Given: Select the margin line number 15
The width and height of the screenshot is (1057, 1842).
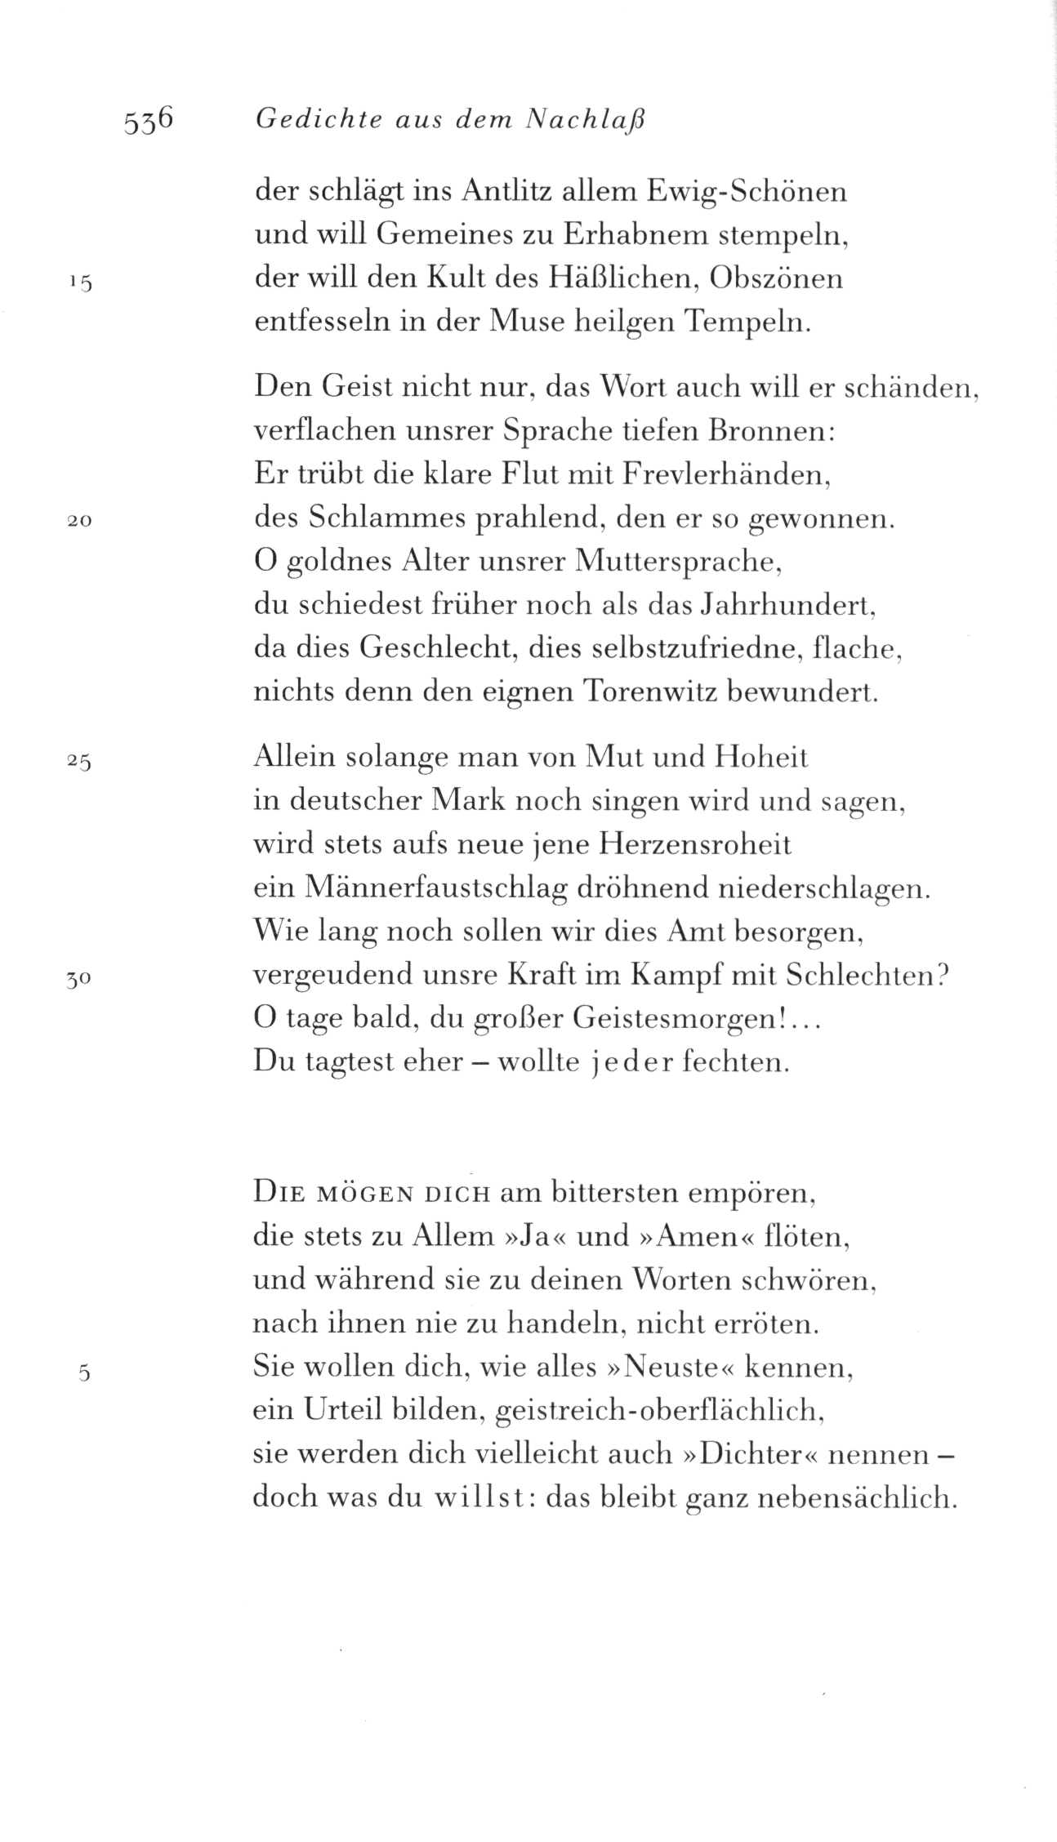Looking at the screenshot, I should pos(82,283).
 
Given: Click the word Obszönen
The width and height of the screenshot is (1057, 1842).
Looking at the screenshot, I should pos(777,279).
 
